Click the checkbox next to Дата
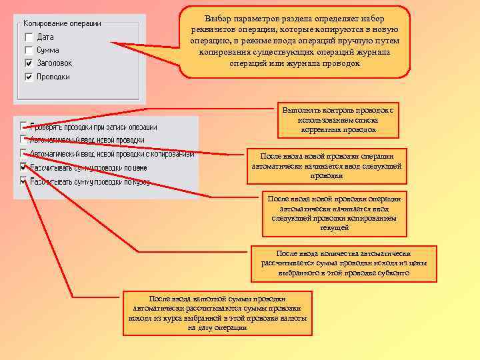coord(29,37)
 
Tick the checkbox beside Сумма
coord(29,50)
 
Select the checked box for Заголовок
coord(29,63)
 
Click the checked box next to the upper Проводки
coord(29,77)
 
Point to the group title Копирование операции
coord(63,23)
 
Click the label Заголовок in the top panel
coord(55,63)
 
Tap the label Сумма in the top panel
coord(48,50)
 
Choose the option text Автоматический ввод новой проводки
coord(87,140)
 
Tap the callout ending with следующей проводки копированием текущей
coord(333,213)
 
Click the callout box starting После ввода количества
coord(343,263)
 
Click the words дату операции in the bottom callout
coord(223,328)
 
